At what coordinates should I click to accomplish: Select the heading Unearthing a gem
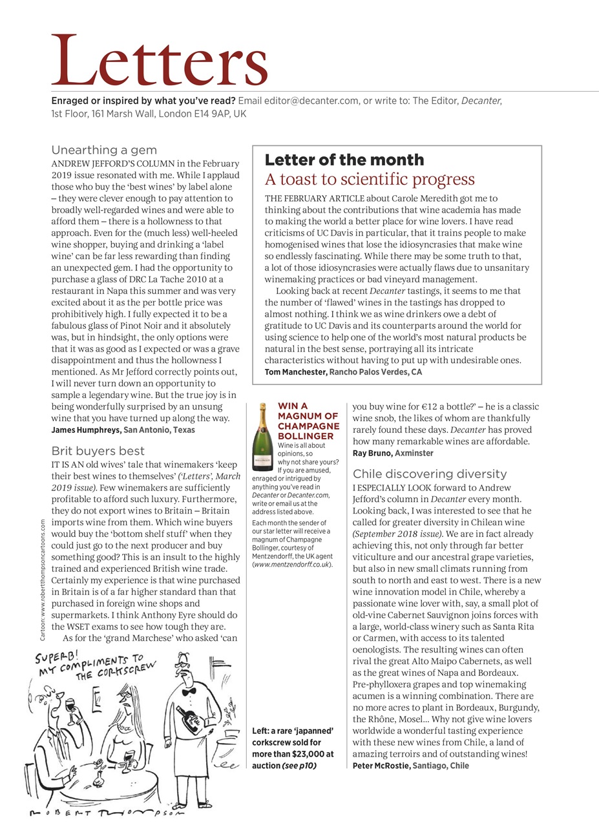(104, 150)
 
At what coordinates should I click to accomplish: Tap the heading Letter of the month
(344, 160)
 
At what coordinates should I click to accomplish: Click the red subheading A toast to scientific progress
(370, 179)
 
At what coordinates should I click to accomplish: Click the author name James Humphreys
(86, 430)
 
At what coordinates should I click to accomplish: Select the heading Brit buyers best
(98, 450)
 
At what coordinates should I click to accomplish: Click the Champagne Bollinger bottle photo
(262, 437)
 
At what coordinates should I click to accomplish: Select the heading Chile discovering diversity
(430, 474)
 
